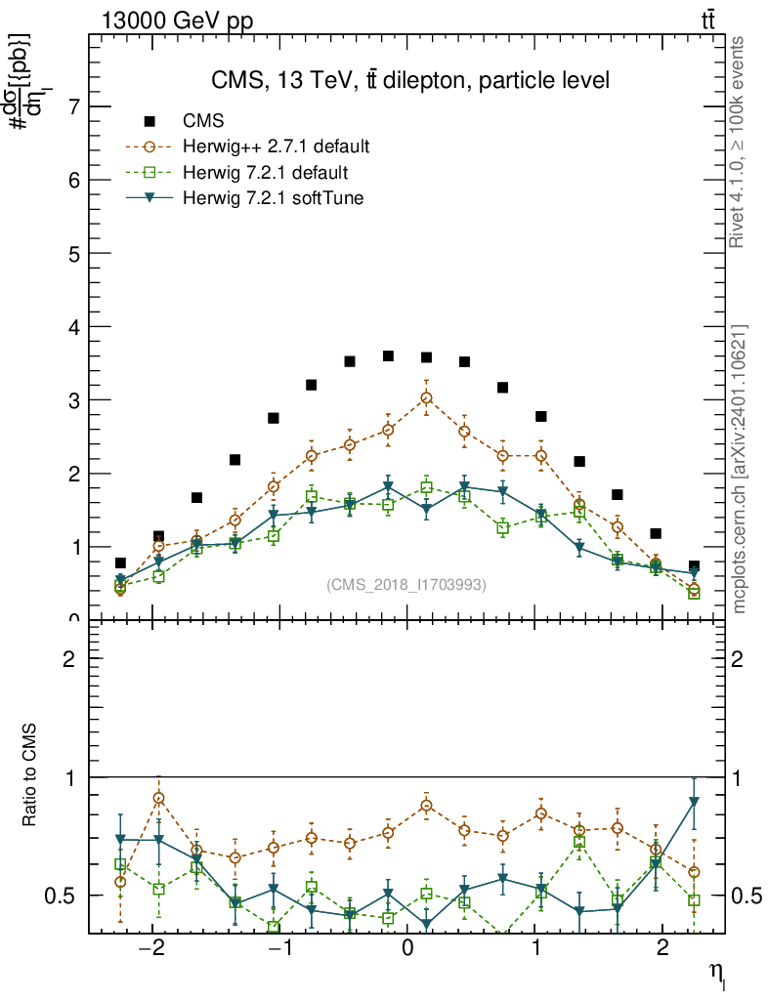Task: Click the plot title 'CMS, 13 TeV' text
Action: coord(410,81)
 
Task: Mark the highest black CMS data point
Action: coord(388,356)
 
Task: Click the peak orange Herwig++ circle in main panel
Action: coord(426,398)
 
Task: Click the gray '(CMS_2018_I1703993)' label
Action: coord(405,584)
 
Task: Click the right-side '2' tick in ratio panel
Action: coord(740,659)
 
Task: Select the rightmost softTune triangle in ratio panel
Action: coord(694,802)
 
